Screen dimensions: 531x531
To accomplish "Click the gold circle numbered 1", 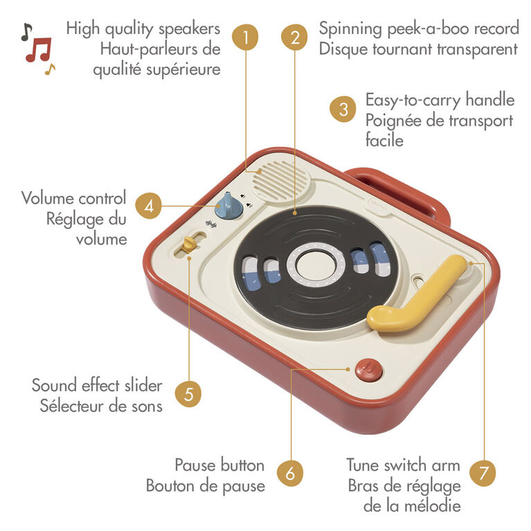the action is [x=245, y=37].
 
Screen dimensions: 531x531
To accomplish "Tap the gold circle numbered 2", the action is [x=295, y=37].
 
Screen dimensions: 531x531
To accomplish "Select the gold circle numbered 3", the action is [x=343, y=109].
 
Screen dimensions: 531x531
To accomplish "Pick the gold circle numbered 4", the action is [x=148, y=206].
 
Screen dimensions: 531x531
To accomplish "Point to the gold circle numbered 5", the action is [x=188, y=394].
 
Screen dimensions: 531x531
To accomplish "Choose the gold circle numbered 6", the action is [x=290, y=473].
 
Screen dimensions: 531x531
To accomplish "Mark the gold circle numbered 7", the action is [x=483, y=473].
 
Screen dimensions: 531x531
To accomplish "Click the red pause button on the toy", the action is [x=369, y=370].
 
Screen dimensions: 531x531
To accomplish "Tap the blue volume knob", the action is [x=228, y=206].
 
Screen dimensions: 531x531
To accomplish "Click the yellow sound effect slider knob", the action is [x=189, y=244].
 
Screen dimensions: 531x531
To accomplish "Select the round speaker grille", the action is [x=281, y=181].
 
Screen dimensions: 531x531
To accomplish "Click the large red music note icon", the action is [x=39, y=50].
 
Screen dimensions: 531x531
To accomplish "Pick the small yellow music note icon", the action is [x=50, y=69].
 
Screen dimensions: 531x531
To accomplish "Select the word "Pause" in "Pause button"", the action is [x=193, y=465].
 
